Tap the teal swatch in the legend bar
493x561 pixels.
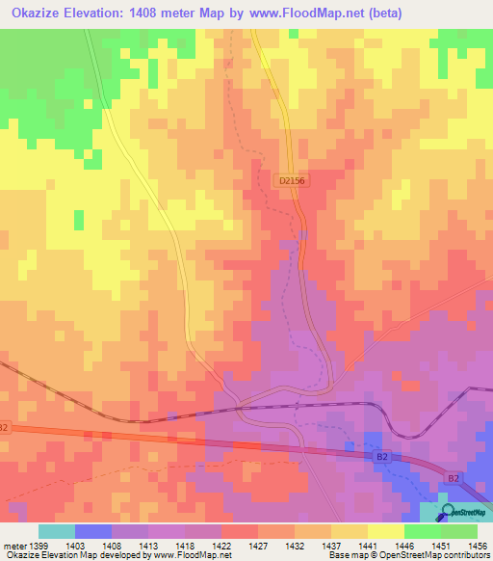click(56, 531)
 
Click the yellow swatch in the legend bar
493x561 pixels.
click(385, 531)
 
